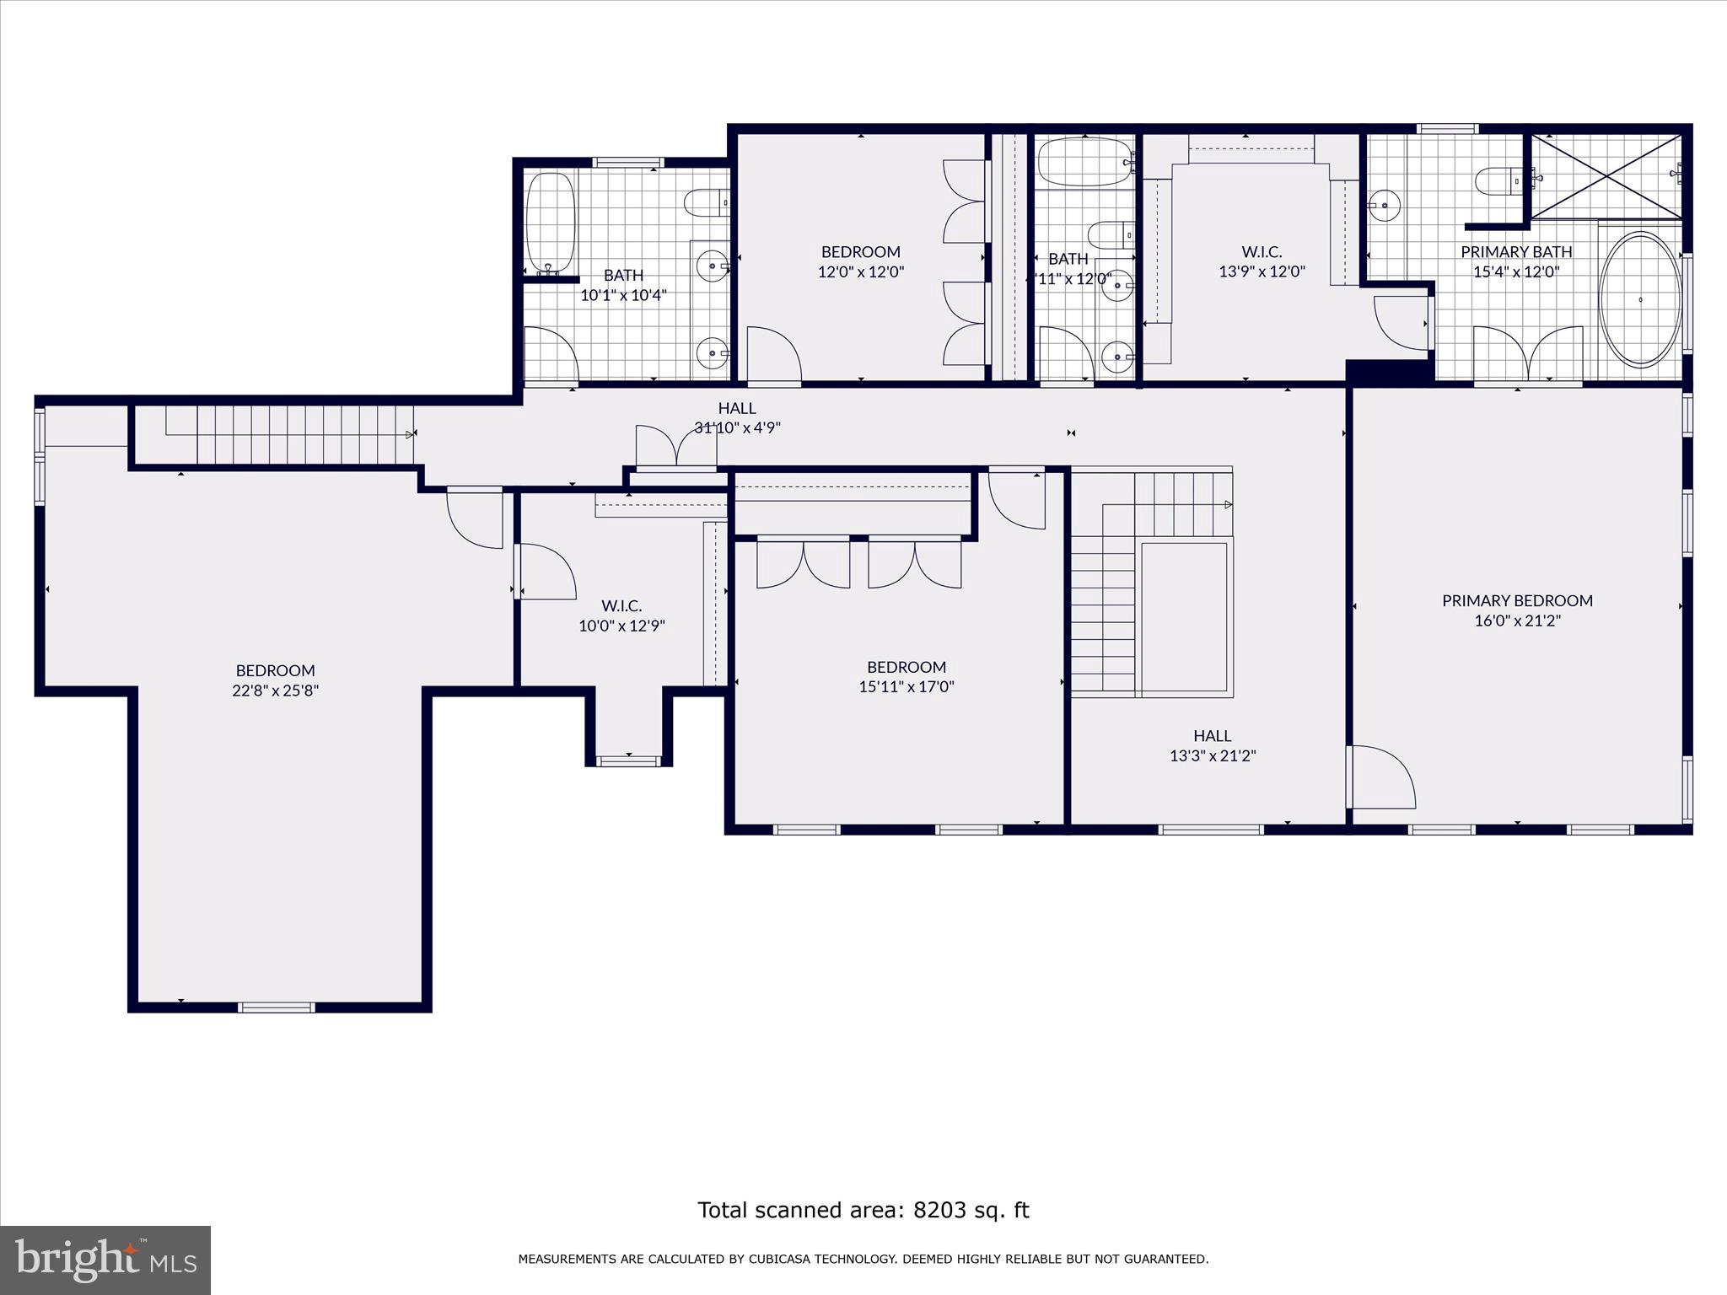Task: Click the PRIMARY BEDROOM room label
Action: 1517,600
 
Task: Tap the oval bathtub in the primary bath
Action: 1640,299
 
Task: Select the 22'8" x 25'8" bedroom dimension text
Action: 276,690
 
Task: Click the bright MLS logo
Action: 105,1260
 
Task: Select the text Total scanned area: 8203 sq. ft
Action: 863,1211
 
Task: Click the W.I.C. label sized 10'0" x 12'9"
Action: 621,606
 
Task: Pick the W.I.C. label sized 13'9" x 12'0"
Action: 1262,252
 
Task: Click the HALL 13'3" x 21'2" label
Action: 1212,745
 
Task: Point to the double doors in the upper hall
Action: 676,447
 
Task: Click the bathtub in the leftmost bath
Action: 550,223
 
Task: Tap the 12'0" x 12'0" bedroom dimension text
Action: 861,271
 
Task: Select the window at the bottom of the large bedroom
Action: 277,1007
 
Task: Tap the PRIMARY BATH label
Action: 1515,252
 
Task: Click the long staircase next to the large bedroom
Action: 287,434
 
